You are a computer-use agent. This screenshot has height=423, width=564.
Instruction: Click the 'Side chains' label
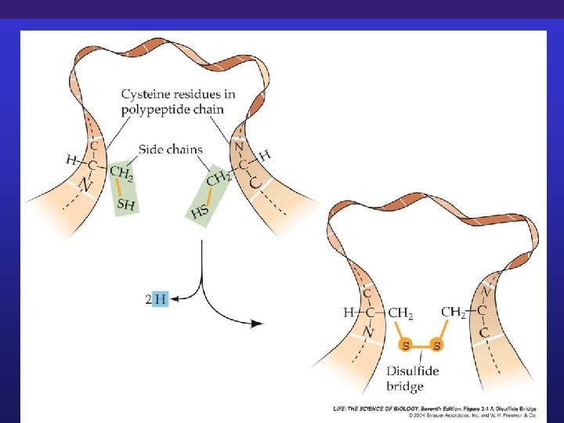point(171,149)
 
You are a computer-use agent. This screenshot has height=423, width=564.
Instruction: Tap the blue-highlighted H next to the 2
point(161,298)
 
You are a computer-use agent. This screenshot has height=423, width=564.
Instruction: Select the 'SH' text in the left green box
point(125,204)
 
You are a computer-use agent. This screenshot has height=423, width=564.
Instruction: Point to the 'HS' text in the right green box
point(200,211)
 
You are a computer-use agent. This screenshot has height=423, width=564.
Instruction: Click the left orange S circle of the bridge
point(406,345)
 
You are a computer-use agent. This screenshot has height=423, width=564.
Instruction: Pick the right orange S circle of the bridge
point(436,345)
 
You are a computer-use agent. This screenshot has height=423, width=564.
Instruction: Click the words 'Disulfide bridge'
point(415,379)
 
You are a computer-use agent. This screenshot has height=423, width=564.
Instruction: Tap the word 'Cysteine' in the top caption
point(149,95)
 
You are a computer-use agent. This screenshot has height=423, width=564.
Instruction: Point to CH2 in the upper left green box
point(121,172)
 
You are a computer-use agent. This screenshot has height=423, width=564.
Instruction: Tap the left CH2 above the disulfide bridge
point(400,313)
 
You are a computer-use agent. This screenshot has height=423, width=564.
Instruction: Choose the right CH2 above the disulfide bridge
point(454,312)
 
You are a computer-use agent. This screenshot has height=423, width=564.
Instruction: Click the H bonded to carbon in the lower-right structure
point(349,313)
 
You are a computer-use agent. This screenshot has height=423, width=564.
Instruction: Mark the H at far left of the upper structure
point(71,160)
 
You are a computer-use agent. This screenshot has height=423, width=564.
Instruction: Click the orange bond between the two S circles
point(421,345)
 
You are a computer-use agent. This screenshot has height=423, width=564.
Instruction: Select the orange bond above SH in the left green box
point(119,189)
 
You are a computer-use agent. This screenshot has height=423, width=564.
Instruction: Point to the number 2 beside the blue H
point(149,298)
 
